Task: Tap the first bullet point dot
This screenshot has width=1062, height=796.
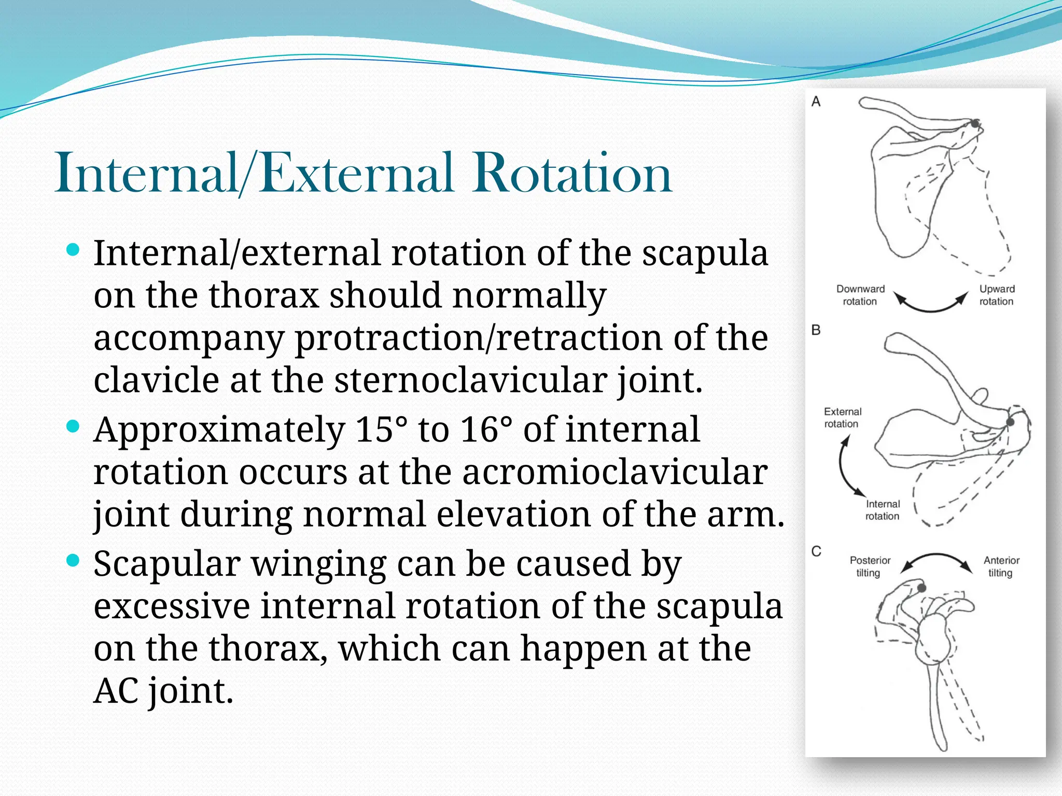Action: pyautogui.click(x=73, y=251)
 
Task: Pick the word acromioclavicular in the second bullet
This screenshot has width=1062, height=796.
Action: pyautogui.click(x=614, y=472)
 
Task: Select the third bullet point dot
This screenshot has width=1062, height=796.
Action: pyautogui.click(x=73, y=560)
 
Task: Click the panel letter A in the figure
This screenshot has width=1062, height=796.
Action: pyautogui.click(x=816, y=102)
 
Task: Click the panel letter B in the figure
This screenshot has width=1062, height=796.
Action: pyautogui.click(x=816, y=330)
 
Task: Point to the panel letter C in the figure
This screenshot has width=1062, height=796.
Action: pyautogui.click(x=816, y=551)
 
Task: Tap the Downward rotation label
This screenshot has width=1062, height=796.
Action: pyautogui.click(x=860, y=295)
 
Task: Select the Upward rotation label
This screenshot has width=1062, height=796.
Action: pyautogui.click(x=997, y=295)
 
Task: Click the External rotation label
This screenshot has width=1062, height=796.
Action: pyautogui.click(x=842, y=418)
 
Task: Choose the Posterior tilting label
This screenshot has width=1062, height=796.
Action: pyautogui.click(x=870, y=566)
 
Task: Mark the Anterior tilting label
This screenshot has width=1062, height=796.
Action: pyautogui.click(x=1001, y=566)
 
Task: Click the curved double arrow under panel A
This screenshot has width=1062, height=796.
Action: pyautogui.click(x=931, y=305)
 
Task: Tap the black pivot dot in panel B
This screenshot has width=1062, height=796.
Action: pyautogui.click(x=1010, y=422)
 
